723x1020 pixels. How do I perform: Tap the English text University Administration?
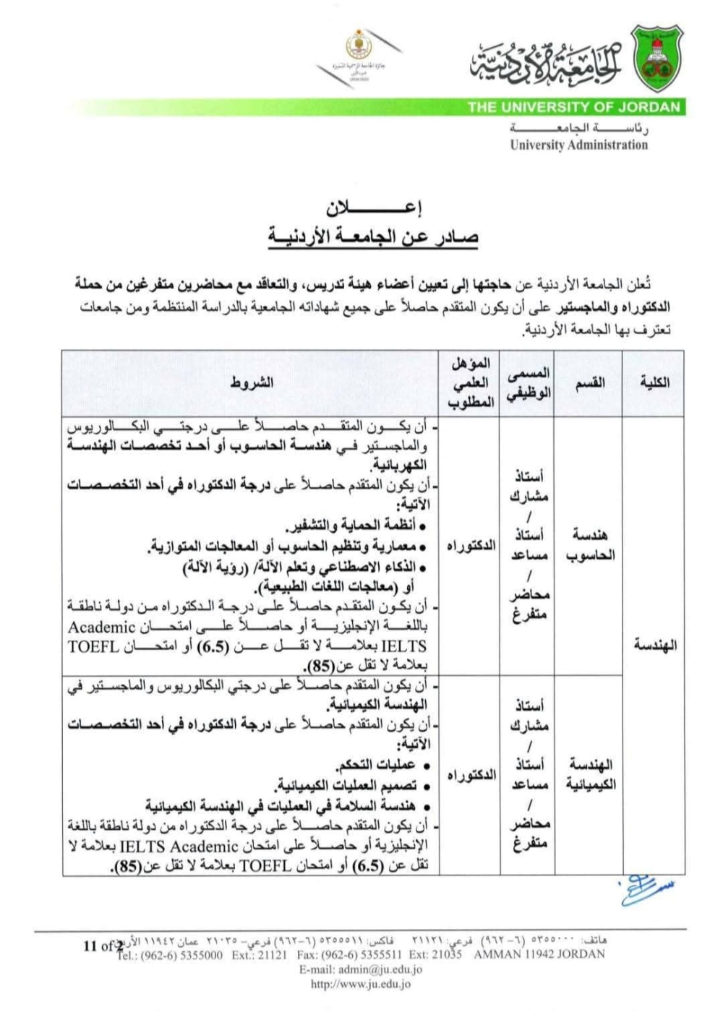click(x=578, y=145)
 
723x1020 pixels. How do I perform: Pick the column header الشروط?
click(x=252, y=382)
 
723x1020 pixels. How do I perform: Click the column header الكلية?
click(x=654, y=382)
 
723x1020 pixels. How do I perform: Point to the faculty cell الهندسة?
click(x=654, y=645)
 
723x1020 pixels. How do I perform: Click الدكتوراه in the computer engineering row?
click(x=471, y=545)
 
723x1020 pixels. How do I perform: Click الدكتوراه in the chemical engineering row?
click(x=471, y=775)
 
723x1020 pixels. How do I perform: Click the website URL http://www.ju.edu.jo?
click(x=361, y=984)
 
